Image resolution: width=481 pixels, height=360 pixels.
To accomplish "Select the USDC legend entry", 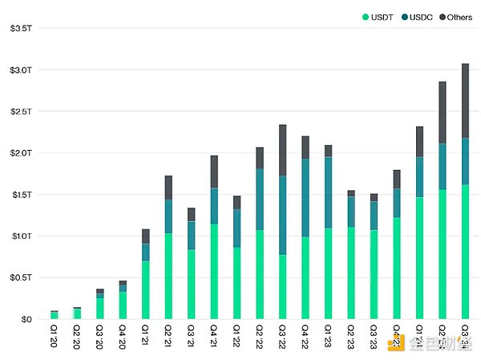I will click(419, 16).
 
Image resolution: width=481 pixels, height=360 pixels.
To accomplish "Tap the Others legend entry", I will click(458, 16).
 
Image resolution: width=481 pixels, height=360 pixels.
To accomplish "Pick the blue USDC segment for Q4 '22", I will click(305, 197).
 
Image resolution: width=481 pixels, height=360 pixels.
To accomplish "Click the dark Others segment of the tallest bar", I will click(465, 100).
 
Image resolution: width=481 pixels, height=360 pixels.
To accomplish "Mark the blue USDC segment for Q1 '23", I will click(328, 192).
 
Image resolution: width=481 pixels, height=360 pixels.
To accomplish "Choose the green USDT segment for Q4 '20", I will click(123, 305).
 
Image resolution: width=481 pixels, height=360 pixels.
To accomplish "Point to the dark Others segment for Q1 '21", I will click(145, 236).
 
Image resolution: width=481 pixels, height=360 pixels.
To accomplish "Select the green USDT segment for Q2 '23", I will click(350, 273).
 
